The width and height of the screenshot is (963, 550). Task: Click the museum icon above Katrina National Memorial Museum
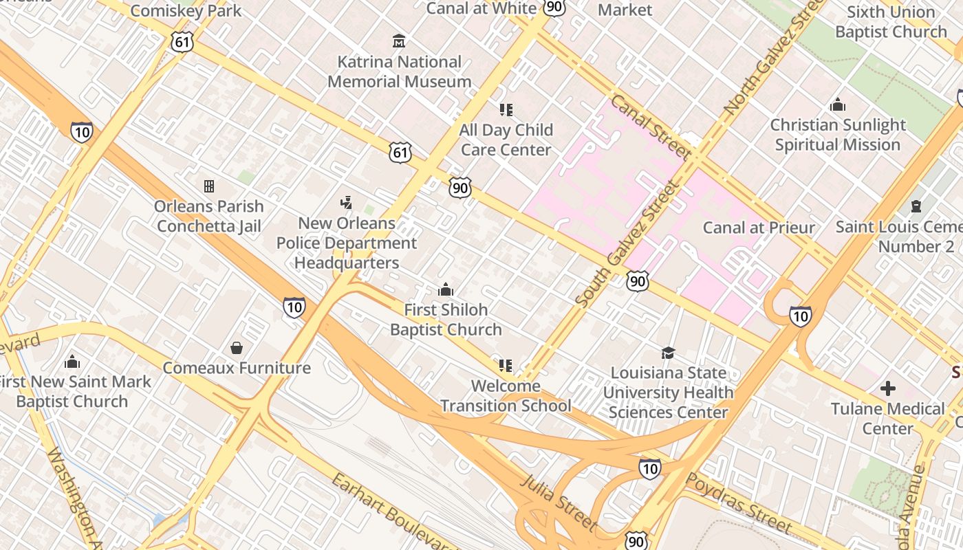pyautogui.click(x=399, y=41)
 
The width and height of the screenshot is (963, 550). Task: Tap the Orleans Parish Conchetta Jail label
pyautogui.click(x=209, y=216)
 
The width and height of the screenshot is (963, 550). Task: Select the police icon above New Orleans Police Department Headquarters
pyautogui.click(x=346, y=203)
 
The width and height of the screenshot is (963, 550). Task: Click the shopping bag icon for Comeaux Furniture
pyautogui.click(x=237, y=348)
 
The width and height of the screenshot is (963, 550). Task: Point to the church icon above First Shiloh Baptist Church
pyautogui.click(x=446, y=289)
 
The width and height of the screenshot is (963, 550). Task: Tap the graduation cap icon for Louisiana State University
pyautogui.click(x=668, y=353)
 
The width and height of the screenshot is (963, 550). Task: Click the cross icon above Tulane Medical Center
pyautogui.click(x=888, y=388)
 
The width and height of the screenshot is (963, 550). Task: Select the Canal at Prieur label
pyautogui.click(x=759, y=228)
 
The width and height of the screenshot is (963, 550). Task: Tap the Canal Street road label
pyautogui.click(x=650, y=127)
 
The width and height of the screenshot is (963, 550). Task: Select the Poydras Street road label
pyautogui.click(x=739, y=503)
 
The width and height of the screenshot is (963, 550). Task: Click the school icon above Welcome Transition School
pyautogui.click(x=506, y=366)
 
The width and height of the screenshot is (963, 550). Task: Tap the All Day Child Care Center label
pyautogui.click(x=506, y=140)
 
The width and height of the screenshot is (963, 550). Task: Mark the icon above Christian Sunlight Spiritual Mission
pyautogui.click(x=838, y=105)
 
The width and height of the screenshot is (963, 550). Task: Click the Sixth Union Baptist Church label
pyautogui.click(x=891, y=22)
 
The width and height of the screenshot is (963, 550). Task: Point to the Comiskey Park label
pyautogui.click(x=186, y=10)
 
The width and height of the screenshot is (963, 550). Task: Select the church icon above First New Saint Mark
pyautogui.click(x=72, y=362)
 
